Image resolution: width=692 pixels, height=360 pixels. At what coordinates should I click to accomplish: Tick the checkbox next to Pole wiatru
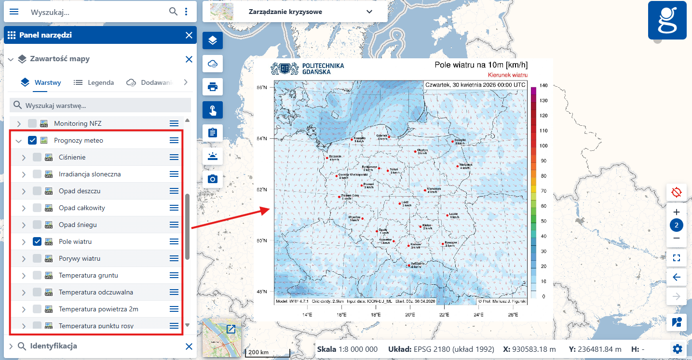[x=37, y=241]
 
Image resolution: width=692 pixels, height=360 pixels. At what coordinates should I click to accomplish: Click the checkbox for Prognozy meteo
[x=32, y=140]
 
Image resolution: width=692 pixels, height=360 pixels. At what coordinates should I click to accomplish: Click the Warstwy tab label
[x=47, y=82]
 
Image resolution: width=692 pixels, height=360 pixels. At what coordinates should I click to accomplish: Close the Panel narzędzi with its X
[x=189, y=35]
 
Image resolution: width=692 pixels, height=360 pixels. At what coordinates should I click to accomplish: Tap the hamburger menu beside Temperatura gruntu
[x=174, y=275]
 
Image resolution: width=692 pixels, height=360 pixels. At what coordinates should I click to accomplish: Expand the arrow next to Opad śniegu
[x=24, y=225]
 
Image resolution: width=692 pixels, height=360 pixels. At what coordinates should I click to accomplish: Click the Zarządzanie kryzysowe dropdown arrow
[x=369, y=12]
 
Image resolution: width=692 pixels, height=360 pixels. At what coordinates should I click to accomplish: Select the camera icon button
[x=213, y=179]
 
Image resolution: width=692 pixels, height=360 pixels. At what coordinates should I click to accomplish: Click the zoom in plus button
[x=676, y=212]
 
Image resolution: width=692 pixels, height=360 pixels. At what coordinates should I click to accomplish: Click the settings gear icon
[x=678, y=349]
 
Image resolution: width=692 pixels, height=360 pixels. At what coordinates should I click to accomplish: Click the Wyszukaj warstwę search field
[x=101, y=105]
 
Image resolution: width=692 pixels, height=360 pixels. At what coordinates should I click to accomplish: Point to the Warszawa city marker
[x=425, y=190]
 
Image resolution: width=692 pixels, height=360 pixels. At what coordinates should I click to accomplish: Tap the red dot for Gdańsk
[x=389, y=137]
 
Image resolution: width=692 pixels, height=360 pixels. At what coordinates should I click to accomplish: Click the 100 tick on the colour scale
[x=543, y=146]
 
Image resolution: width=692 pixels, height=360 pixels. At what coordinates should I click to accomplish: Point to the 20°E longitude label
[x=410, y=315]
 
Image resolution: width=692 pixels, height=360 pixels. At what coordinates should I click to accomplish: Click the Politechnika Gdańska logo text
[x=322, y=68]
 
